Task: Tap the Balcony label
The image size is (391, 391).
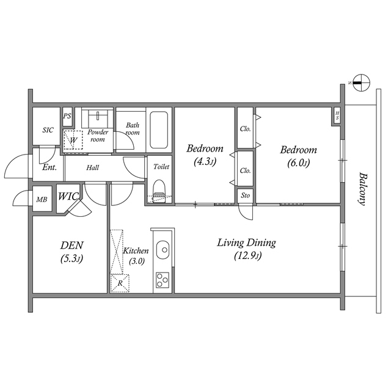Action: point(363,188)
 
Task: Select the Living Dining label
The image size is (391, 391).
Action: point(247,249)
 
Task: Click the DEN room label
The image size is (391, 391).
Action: point(71,251)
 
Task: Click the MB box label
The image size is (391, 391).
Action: point(42,200)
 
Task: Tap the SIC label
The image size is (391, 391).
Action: point(47,130)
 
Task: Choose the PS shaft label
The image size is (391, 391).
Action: point(67,115)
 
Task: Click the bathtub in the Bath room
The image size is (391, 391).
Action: point(158,130)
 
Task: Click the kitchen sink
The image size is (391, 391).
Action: point(163,250)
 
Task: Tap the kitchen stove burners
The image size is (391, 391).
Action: point(163,280)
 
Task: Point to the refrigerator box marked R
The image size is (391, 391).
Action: point(120,283)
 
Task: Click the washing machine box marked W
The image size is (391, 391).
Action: point(73,141)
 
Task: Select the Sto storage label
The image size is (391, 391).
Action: point(244,196)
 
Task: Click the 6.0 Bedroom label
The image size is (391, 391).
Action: point(298,156)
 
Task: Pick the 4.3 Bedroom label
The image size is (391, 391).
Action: point(205,155)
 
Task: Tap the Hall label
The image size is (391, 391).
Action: point(93,167)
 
